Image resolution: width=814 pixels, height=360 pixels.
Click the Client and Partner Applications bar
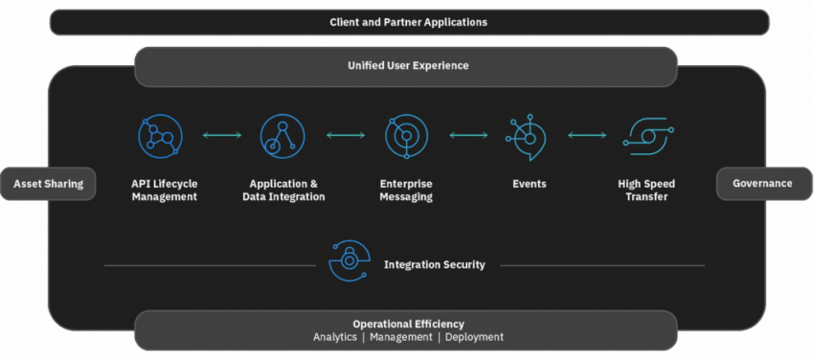(x=408, y=21)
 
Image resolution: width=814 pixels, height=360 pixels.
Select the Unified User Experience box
(x=408, y=65)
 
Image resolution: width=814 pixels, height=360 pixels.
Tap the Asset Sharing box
(x=49, y=184)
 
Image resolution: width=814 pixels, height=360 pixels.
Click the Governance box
(x=762, y=184)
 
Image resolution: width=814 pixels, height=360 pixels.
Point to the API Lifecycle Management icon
(x=160, y=136)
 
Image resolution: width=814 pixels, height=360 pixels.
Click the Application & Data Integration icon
(x=283, y=136)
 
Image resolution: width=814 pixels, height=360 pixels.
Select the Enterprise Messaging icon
(x=407, y=136)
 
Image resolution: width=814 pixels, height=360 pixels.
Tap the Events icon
(x=525, y=136)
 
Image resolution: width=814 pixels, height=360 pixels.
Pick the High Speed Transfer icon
(x=647, y=136)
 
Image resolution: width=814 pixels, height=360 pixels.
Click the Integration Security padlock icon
(x=349, y=260)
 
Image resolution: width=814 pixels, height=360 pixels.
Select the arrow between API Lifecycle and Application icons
(x=222, y=136)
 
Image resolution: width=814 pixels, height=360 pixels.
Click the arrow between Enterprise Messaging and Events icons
(x=468, y=136)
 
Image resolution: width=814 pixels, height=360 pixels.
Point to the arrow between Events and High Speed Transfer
(x=587, y=136)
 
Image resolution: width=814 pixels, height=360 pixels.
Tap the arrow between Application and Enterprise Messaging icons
(x=346, y=136)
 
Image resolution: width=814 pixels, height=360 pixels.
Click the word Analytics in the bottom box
(x=335, y=337)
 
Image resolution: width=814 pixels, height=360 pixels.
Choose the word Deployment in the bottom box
(x=474, y=337)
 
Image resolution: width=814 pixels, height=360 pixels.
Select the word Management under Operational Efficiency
(x=399, y=337)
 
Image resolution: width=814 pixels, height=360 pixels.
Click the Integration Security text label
(x=435, y=264)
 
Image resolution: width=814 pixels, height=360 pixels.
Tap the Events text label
(x=530, y=184)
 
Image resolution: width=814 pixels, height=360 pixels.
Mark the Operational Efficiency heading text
(x=408, y=324)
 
